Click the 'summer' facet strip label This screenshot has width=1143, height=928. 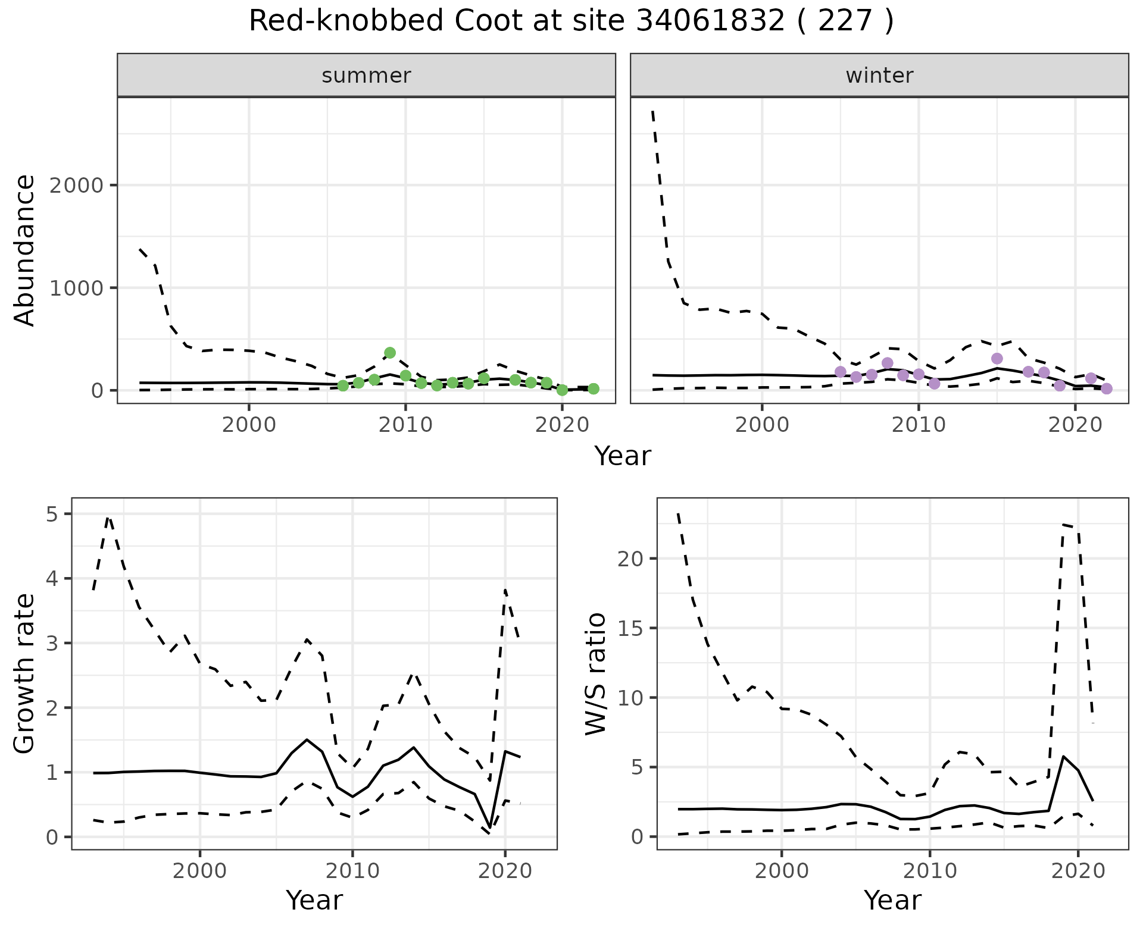pos(366,76)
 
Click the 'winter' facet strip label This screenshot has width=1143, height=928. pos(879,76)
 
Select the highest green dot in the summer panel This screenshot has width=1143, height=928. pos(390,353)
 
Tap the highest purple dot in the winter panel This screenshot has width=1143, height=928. pos(997,358)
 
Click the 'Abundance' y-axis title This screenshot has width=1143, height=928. pos(25,250)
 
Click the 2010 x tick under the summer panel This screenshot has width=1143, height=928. pos(405,425)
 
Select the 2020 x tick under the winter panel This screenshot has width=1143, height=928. pos(1075,425)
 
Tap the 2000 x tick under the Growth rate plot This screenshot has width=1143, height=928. pos(200,871)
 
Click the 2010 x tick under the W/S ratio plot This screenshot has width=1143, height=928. pos(930,871)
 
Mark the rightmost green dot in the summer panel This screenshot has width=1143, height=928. pos(593,388)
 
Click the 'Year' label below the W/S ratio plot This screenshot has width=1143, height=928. pos(892,900)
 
